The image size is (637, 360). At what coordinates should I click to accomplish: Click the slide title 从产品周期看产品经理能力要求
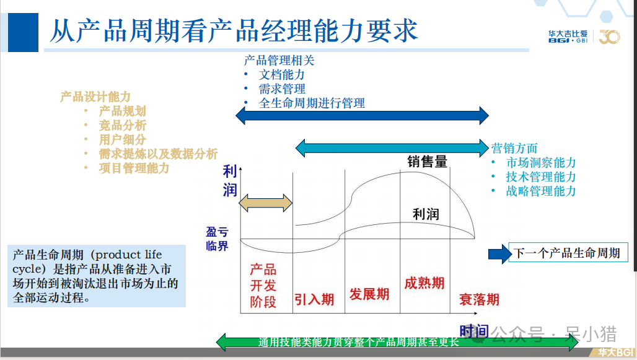click(234, 30)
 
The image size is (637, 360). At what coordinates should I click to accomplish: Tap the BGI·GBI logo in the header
click(568, 37)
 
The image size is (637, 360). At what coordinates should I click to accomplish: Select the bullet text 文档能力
click(282, 75)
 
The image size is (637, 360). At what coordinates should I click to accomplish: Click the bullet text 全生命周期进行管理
click(312, 103)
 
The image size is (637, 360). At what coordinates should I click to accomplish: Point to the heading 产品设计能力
click(95, 97)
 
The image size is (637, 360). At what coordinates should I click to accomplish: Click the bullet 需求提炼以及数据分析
click(158, 154)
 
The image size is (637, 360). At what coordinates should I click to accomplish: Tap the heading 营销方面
click(514, 148)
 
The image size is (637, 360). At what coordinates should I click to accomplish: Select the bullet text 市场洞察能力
click(541, 163)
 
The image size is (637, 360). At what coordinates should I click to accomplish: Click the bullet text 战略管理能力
click(541, 191)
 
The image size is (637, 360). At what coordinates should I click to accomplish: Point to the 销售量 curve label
click(427, 162)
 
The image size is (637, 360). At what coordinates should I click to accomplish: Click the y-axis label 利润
click(231, 180)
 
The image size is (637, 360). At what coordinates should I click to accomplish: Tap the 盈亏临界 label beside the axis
click(217, 239)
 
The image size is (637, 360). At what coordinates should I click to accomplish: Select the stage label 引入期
click(314, 299)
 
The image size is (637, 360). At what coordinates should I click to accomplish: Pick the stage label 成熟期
click(424, 283)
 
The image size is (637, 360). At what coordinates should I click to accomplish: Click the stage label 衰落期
click(479, 299)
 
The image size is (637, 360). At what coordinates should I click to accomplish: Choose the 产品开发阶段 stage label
click(263, 286)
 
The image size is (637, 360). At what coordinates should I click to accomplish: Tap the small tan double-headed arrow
click(265, 203)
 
